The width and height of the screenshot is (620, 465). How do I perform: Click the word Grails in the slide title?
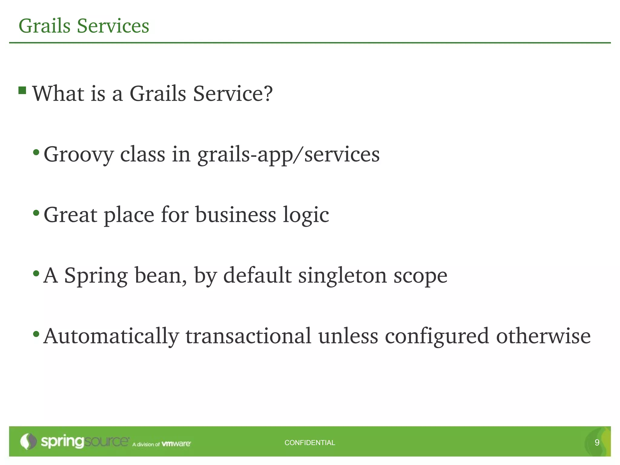pos(45,26)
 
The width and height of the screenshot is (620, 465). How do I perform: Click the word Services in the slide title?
pos(113,26)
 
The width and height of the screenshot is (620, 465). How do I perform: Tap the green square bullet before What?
pos(22,90)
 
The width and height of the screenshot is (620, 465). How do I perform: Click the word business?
pos(236,215)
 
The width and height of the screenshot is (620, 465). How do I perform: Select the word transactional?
pos(248,336)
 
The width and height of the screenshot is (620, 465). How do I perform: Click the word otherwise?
pos(543,336)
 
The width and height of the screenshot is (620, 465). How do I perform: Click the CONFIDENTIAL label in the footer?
pos(310,443)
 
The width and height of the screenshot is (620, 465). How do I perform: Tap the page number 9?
pos(597,443)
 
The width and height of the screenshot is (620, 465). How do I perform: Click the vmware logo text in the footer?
pos(176,444)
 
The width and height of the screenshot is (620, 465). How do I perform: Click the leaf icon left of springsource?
pos(28,441)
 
